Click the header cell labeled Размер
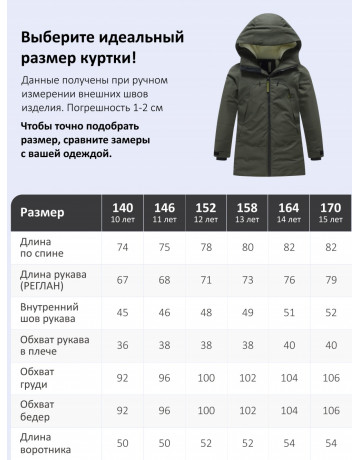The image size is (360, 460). point(44,211)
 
